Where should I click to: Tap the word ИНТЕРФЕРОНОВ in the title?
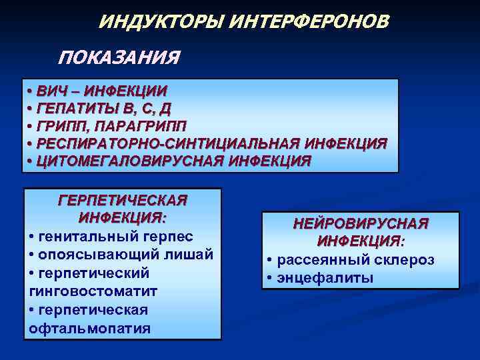pyautogui.click(x=308, y=23)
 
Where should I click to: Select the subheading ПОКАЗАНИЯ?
pyautogui.click(x=119, y=58)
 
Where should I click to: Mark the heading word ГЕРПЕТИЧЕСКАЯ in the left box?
pyautogui.click(x=123, y=201)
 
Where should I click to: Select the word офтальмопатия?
pyautogui.click(x=90, y=328)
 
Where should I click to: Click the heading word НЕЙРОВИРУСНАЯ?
pyautogui.click(x=361, y=224)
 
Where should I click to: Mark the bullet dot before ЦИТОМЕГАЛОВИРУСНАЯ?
pyautogui.click(x=30, y=161)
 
